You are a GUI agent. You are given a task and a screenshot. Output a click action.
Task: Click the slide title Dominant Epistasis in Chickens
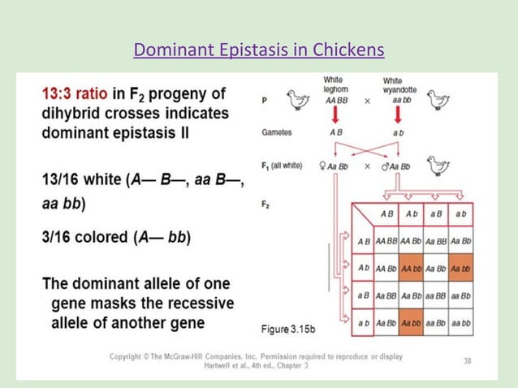click(258, 51)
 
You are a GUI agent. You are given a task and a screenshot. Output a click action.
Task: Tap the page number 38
click(467, 360)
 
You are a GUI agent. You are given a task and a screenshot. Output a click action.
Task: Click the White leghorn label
click(334, 85)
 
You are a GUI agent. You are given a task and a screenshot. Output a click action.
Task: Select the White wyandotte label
click(393, 85)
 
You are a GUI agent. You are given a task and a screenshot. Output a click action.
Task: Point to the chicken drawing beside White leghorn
click(298, 100)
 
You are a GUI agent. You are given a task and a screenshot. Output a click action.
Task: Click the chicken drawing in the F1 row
click(438, 166)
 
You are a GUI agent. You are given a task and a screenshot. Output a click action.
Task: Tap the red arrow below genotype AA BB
click(334, 116)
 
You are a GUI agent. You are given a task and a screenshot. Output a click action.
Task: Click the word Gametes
click(278, 131)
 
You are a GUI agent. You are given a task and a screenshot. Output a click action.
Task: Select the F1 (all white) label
click(282, 166)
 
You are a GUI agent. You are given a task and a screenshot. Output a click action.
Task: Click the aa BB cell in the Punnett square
click(437, 296)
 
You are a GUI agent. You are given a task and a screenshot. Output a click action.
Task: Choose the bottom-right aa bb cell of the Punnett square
click(461, 324)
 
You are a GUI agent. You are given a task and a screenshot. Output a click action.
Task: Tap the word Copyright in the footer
click(132, 357)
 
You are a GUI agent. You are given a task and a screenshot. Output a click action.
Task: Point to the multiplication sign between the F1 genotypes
click(367, 166)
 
